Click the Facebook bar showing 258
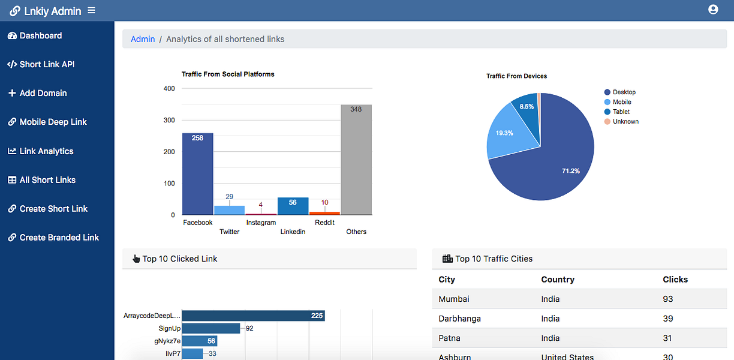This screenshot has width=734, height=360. pyautogui.click(x=197, y=174)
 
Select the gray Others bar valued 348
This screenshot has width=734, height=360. pyautogui.click(x=356, y=160)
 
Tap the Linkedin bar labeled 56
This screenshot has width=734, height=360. pyautogui.click(x=293, y=206)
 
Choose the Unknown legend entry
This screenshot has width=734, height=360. pyautogui.click(x=622, y=121)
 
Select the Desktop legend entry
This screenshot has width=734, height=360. pyautogui.click(x=620, y=92)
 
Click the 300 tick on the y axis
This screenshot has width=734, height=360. pyautogui.click(x=169, y=120)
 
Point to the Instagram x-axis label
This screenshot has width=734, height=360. pyautogui.click(x=261, y=223)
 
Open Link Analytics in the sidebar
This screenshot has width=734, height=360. pyautogui.click(x=41, y=151)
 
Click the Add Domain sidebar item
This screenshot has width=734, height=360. pyautogui.click(x=37, y=93)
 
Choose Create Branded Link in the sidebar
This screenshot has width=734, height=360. pyautogui.click(x=53, y=238)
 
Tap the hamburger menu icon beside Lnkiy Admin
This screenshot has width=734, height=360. pyautogui.click(x=91, y=10)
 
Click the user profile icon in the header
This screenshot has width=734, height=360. pyautogui.click(x=713, y=10)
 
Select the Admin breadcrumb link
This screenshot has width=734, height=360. pyautogui.click(x=143, y=39)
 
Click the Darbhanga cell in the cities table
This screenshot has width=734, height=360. pyautogui.click(x=459, y=319)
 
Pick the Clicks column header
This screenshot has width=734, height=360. pyautogui.click(x=675, y=280)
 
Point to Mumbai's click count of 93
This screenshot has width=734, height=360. pyautogui.click(x=668, y=299)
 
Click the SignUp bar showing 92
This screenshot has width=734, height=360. pyautogui.click(x=211, y=328)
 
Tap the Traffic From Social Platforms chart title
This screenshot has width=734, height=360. pyautogui.click(x=228, y=74)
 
